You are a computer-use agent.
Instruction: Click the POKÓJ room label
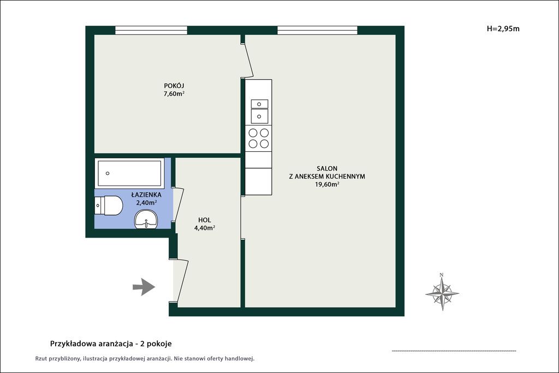(x=174, y=86)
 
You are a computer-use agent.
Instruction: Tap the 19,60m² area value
(x=327, y=185)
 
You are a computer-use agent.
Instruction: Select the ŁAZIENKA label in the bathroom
(x=146, y=195)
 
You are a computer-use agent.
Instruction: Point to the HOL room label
(x=205, y=220)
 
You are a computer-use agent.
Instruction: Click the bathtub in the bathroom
(x=129, y=173)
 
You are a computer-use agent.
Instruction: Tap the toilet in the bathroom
(x=109, y=205)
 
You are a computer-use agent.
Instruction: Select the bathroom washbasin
(x=146, y=219)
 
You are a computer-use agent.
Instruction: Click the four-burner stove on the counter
(x=258, y=138)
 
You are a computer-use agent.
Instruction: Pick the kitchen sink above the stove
(x=259, y=111)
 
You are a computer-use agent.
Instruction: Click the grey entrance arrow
(x=144, y=287)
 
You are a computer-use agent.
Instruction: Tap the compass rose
(x=442, y=292)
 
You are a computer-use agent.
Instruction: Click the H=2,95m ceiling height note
(x=503, y=29)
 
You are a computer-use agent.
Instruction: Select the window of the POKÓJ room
(x=151, y=31)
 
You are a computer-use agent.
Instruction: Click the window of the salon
(x=317, y=31)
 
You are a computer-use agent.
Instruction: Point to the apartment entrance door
(x=180, y=282)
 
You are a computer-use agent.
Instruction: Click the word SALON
(x=327, y=168)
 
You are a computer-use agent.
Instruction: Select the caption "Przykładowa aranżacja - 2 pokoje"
(x=111, y=344)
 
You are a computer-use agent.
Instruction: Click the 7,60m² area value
(x=174, y=94)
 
